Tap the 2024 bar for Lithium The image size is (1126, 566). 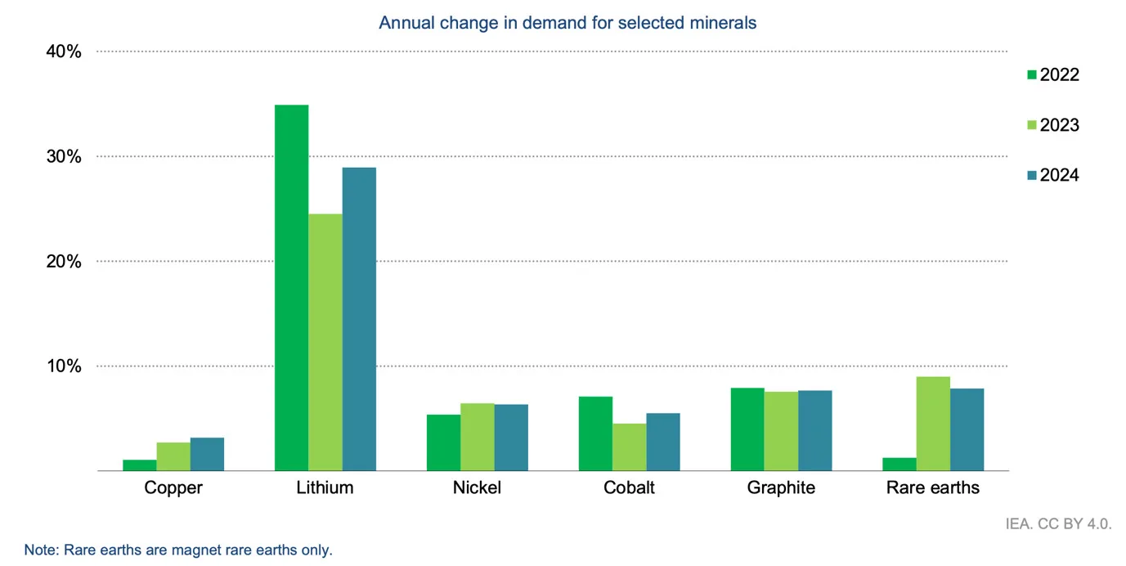coord(359,319)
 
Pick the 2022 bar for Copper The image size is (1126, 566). coord(139,465)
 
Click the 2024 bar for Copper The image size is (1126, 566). coord(207,455)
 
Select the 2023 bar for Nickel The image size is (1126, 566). coord(478,437)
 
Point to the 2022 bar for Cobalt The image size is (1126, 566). coord(594,433)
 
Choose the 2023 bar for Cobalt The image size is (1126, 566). coord(629,447)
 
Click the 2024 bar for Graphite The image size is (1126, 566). coord(814,430)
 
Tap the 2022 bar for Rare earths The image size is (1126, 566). coord(899,464)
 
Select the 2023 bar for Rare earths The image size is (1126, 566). coord(933,424)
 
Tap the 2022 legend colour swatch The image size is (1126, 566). coord(1031,75)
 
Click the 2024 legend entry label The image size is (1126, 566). coord(1059,176)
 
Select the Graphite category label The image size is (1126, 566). coord(781,488)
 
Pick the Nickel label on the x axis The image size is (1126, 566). coord(477,488)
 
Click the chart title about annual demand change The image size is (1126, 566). coord(567,23)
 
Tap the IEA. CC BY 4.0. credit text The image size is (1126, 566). coord(1058,523)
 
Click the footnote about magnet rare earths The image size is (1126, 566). coord(178,550)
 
